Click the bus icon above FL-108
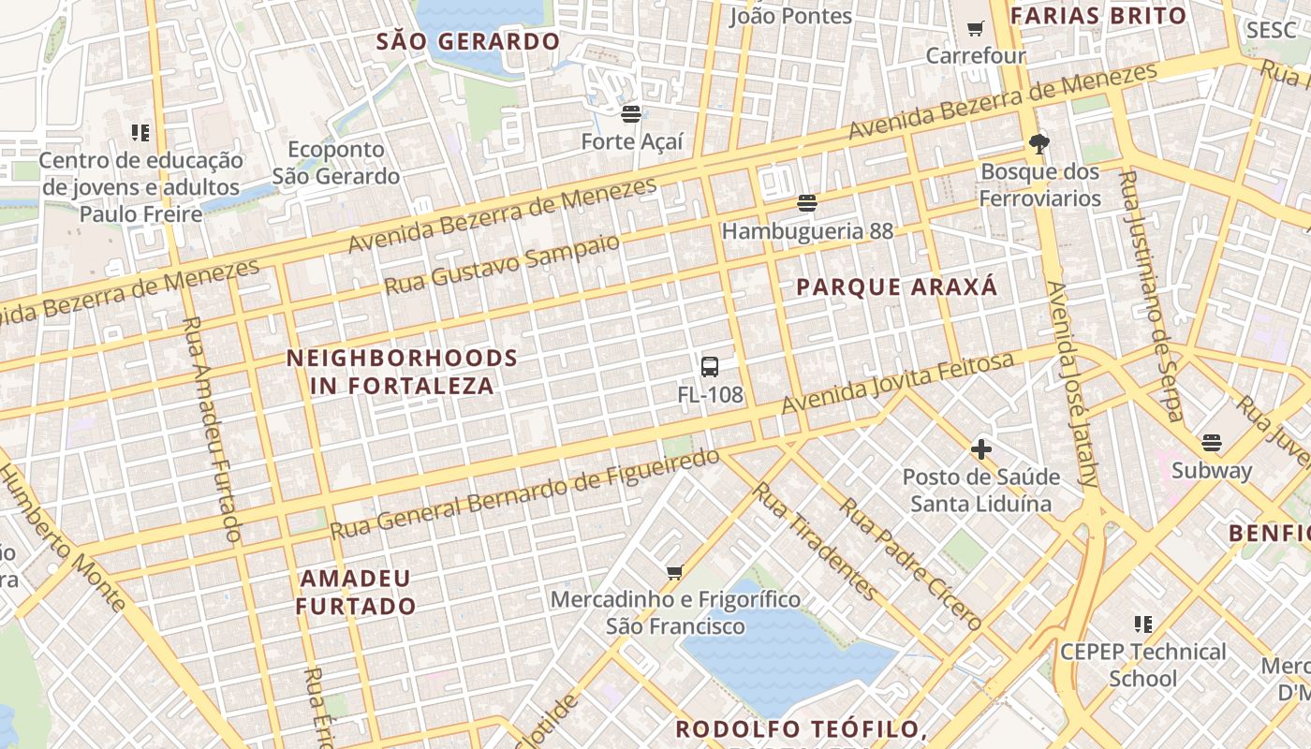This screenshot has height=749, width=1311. [710, 366]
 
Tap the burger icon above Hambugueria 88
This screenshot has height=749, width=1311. [807, 202]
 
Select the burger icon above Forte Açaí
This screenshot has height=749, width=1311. [631, 114]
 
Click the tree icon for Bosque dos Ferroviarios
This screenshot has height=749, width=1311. [1038, 143]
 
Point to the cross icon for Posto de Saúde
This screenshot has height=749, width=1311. [980, 449]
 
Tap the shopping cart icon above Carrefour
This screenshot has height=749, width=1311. [975, 28]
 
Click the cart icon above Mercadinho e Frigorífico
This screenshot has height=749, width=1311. [674, 571]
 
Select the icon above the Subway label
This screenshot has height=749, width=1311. [1212, 442]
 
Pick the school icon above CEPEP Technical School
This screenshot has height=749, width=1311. [1142, 624]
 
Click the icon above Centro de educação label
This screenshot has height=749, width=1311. [140, 133]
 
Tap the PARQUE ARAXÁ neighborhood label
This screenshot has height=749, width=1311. [897, 287]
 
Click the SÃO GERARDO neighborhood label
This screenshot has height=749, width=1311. [468, 41]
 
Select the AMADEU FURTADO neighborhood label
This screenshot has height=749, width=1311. [356, 592]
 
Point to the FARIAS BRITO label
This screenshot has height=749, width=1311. [1098, 15]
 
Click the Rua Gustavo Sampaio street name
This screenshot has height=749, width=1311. [503, 264]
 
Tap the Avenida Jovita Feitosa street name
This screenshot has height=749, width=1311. [898, 383]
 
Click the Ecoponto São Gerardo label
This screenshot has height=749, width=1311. [336, 163]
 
